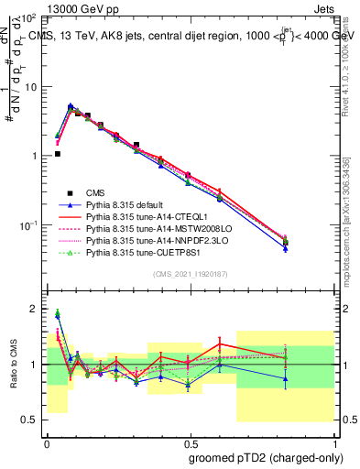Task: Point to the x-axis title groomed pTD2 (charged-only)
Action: [x=267, y=457]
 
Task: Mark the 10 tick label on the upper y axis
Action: [x=30, y=86]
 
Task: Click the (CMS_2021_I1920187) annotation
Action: [x=191, y=275]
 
